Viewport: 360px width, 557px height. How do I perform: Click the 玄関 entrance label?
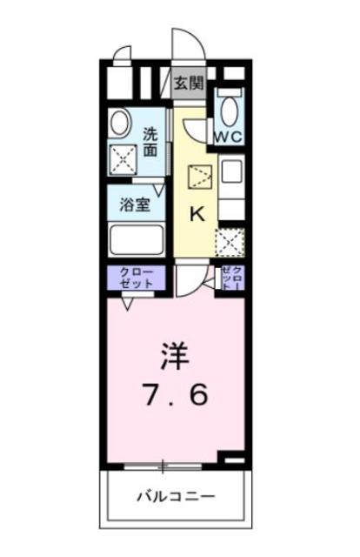[x=187, y=84]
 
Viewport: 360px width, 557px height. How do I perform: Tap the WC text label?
[x=228, y=137]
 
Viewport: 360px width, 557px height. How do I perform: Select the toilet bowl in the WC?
[x=230, y=111]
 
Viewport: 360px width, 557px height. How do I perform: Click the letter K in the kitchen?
[x=197, y=214]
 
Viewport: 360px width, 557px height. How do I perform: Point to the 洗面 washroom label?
[x=151, y=143]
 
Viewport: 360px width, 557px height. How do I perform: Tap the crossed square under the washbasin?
[x=120, y=157]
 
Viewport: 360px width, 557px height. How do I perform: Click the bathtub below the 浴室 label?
[x=137, y=238]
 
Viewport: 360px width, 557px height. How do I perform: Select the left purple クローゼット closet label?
[x=136, y=278]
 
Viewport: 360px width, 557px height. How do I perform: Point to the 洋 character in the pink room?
[x=172, y=358]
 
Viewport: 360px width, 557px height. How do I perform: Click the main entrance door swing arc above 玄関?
[x=185, y=49]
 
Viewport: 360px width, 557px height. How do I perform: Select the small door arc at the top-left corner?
[x=123, y=57]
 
